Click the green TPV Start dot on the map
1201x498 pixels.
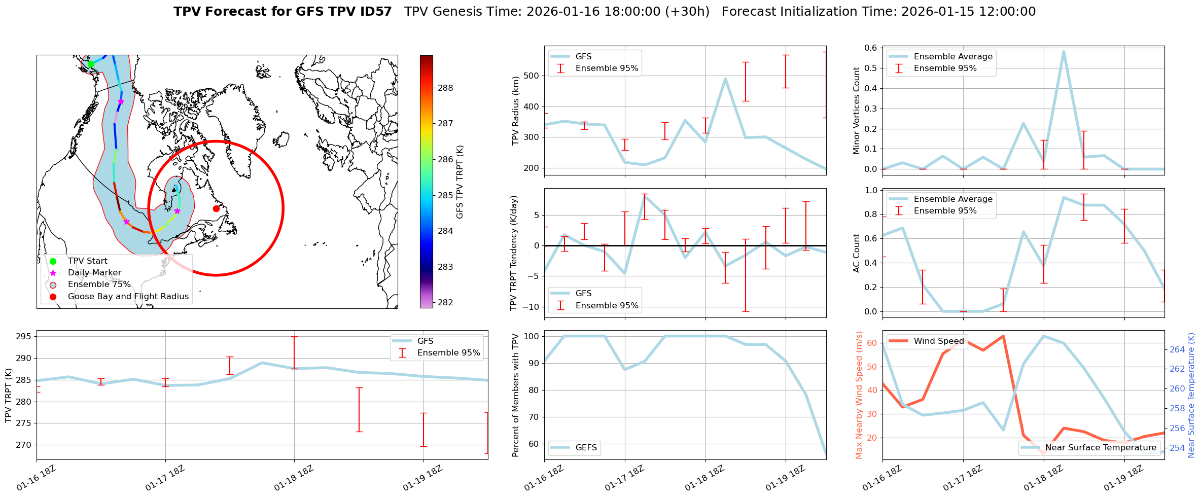click(x=91, y=64)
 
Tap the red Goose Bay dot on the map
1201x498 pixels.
click(x=216, y=208)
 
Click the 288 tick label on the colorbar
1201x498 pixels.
click(x=445, y=88)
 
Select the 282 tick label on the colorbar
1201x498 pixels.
click(x=445, y=303)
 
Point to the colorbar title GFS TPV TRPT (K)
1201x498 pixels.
click(x=460, y=182)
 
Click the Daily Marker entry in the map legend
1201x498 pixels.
click(x=94, y=273)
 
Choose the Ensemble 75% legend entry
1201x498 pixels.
click(x=99, y=284)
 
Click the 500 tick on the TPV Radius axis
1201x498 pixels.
click(x=531, y=76)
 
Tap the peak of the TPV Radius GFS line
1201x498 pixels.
click(x=725, y=79)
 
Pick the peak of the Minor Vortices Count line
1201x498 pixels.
click(x=1063, y=51)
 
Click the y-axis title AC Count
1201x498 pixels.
click(x=857, y=253)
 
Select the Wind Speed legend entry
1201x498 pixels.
click(x=939, y=341)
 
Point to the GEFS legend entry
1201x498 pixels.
click(x=586, y=448)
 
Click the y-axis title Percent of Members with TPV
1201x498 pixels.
click(x=516, y=395)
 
